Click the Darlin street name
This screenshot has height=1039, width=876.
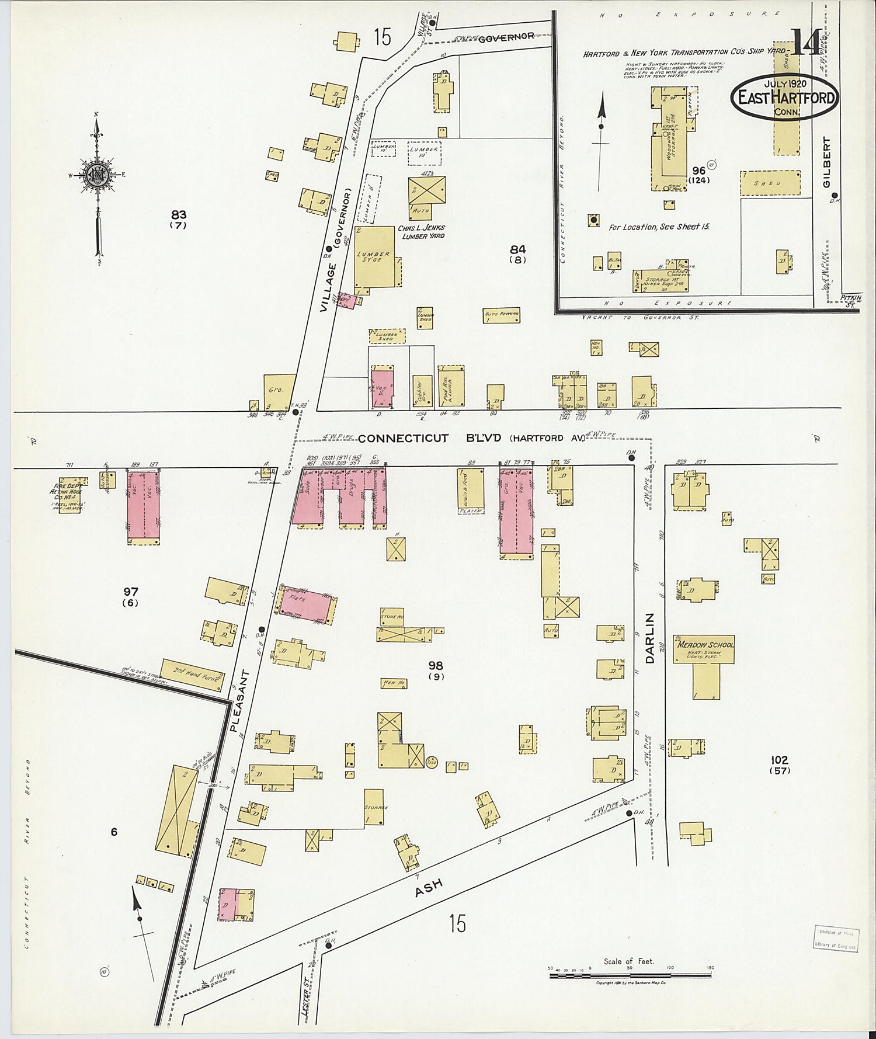tap(651, 638)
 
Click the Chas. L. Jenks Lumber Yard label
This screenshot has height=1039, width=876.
tap(420, 231)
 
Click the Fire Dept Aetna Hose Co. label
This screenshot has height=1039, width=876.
tap(68, 492)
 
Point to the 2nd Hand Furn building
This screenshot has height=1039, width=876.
tap(192, 675)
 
